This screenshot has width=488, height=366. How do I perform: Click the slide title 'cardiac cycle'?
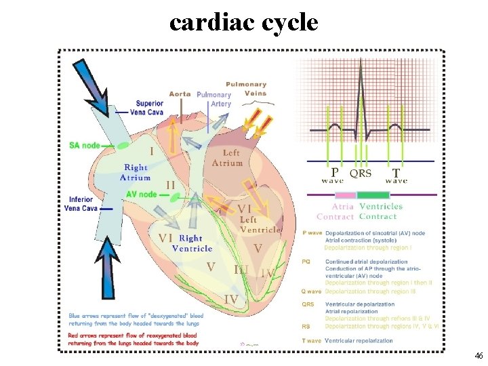(243, 22)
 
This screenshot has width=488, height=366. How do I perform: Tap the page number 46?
(478, 356)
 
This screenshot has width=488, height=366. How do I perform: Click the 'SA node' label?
(85, 146)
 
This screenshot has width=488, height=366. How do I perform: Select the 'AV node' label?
(141, 195)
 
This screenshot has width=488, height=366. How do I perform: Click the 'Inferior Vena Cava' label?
(82, 204)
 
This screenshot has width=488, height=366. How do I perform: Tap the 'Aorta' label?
(180, 94)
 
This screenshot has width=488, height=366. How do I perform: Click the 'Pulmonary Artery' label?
(214, 100)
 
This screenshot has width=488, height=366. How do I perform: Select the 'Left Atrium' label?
(227, 158)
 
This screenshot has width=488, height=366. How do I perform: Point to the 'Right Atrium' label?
(136, 172)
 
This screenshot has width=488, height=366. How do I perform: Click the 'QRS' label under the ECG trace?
(360, 174)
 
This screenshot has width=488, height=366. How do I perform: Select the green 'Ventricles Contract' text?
(380, 211)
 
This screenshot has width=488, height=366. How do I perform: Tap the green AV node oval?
(176, 197)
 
